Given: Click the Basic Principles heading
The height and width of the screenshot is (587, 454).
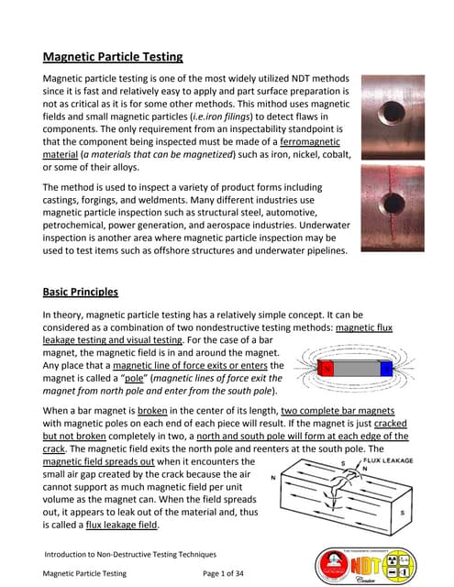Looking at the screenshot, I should (81, 293).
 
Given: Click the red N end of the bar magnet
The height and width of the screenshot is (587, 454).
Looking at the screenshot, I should (325, 369).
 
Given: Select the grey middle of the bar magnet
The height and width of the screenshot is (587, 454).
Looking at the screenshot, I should (356, 369).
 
